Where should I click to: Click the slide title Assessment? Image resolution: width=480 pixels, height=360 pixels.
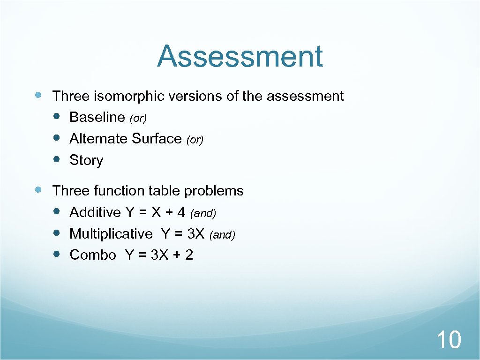pos(240,56)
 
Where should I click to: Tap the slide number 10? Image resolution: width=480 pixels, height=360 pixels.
pos(449,339)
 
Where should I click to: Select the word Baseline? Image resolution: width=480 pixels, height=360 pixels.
pos(97,117)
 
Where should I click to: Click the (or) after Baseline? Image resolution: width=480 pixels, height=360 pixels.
pos(138,119)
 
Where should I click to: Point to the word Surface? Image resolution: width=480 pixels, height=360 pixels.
pos(157,139)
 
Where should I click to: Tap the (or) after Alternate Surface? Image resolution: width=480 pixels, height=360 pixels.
pos(195,140)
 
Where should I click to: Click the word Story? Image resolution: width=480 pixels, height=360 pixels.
pos(86,160)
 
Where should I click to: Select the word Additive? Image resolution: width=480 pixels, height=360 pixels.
pos(95,212)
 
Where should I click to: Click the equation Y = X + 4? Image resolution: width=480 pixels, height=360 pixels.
pos(156,212)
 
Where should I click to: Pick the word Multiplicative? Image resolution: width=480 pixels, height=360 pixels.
pos(111,233)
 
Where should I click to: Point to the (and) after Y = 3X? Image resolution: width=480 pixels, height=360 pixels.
pos(222,235)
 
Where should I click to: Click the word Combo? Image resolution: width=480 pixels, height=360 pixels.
pos(93,255)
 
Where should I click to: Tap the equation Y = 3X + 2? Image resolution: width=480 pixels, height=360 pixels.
pos(159,255)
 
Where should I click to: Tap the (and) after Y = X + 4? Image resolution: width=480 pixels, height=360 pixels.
pos(203,214)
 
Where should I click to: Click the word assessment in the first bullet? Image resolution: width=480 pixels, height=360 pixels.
pos(305,96)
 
